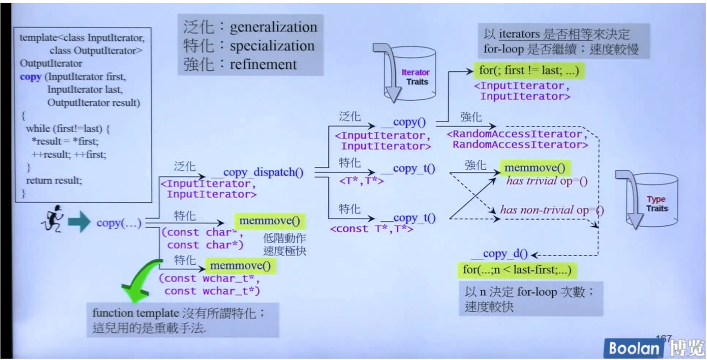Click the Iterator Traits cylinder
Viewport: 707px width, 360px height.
(x=410, y=74)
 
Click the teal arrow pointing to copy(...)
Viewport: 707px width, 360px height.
(x=79, y=222)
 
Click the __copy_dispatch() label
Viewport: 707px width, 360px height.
(x=260, y=172)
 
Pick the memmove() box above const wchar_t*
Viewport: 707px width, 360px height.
(x=240, y=266)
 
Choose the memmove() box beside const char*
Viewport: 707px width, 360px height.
(x=269, y=221)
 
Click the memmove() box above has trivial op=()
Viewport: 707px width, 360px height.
(x=535, y=168)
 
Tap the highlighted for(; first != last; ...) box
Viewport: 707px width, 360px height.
(x=529, y=70)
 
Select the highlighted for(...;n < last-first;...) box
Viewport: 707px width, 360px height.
(x=517, y=270)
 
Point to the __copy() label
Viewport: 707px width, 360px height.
(x=405, y=122)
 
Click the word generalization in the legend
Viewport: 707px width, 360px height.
(x=273, y=27)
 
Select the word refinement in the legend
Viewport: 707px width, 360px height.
(x=263, y=64)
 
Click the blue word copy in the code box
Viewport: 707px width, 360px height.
(x=30, y=77)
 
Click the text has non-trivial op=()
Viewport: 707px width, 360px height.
(x=552, y=210)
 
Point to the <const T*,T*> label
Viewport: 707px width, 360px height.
(x=371, y=229)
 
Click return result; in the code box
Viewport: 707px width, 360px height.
(x=54, y=180)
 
